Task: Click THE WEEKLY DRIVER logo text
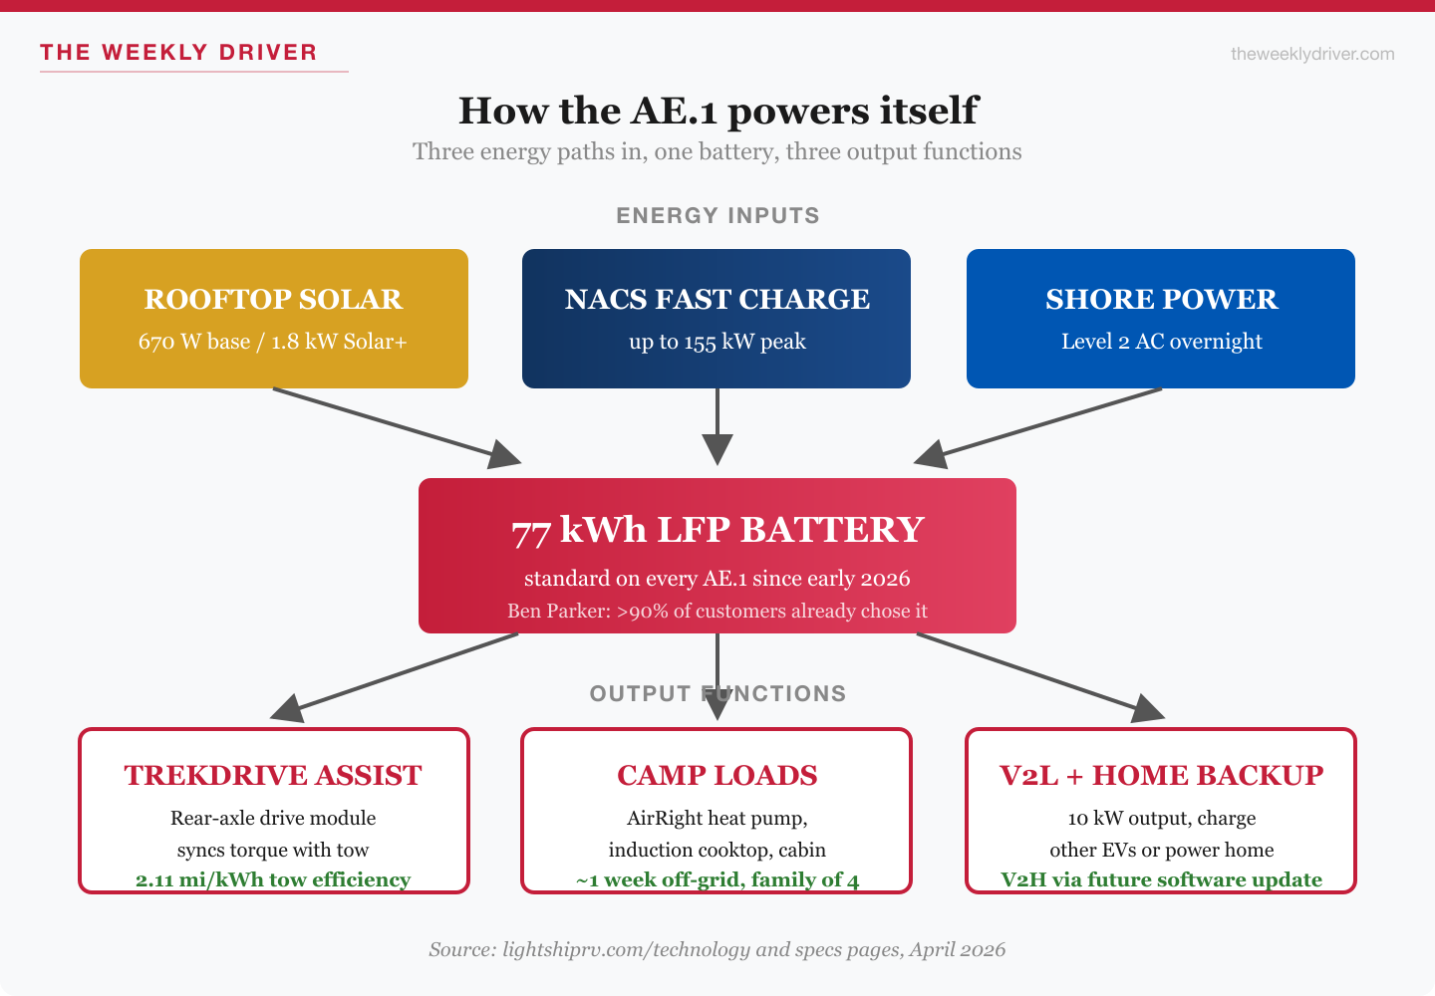tap(178, 53)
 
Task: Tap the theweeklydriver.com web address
tap(1311, 54)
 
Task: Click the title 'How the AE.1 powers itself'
tap(717, 111)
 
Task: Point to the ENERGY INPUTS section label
tap(717, 216)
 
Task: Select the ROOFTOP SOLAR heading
tap(273, 299)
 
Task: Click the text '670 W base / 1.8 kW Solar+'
tap(273, 342)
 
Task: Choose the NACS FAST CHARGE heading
tap(717, 299)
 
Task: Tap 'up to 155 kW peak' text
tap(717, 342)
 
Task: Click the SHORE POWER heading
tap(1161, 299)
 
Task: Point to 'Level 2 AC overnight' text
tap(1161, 342)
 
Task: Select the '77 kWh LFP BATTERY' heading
tap(717, 530)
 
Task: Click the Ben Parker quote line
tap(717, 611)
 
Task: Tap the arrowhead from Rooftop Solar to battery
tap(504, 456)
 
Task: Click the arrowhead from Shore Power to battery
tap(931, 456)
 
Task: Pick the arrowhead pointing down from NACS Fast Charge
tap(717, 449)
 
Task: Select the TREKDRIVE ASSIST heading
tap(273, 775)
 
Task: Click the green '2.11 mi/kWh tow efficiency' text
tap(273, 879)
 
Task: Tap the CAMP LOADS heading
tap(717, 775)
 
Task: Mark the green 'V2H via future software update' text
tap(1161, 879)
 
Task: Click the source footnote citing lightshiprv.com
tap(717, 949)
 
